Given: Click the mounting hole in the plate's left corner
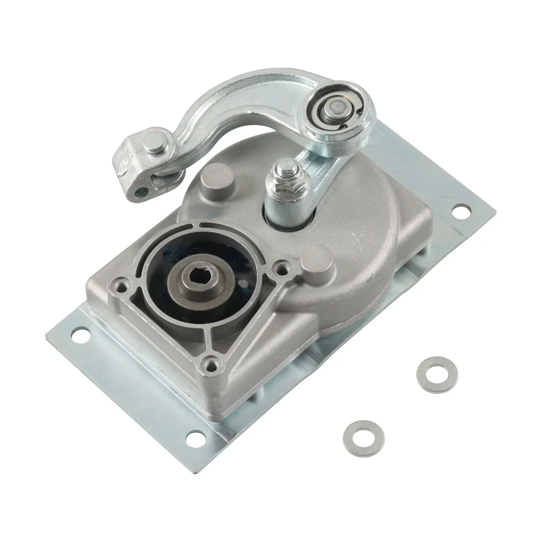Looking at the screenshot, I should click(x=84, y=336).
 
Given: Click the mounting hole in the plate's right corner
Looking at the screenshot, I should click(x=459, y=210).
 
